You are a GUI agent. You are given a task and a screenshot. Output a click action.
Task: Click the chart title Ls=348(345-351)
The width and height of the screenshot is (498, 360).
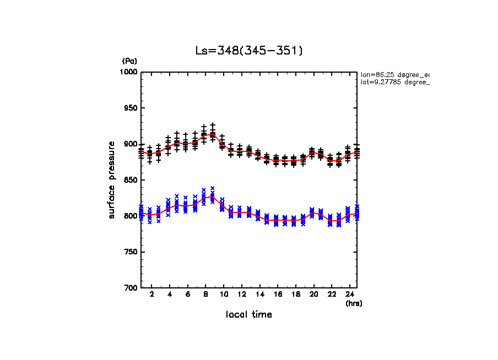(x=249, y=51)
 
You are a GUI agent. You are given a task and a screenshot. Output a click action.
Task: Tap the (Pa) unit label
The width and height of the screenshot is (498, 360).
(x=129, y=61)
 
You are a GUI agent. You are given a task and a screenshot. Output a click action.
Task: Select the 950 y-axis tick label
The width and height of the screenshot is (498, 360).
(x=131, y=108)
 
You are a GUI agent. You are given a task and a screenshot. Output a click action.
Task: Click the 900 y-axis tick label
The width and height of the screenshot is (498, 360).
(x=131, y=144)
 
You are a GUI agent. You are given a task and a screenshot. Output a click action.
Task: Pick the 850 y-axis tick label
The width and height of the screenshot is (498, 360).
(x=131, y=180)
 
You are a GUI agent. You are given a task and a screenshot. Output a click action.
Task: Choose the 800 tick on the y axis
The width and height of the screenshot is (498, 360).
(x=131, y=216)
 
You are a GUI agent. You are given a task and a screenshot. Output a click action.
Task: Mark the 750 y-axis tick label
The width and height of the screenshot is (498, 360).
(x=131, y=252)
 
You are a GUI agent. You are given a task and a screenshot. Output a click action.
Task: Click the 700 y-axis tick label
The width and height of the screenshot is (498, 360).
(x=131, y=288)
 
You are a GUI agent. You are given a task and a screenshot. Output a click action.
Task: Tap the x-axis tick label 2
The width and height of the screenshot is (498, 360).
(x=151, y=296)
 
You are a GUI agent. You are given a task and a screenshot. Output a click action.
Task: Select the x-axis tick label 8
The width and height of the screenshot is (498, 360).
(x=205, y=296)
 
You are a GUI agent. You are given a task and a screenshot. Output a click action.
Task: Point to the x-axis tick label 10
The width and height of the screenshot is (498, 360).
(x=224, y=296)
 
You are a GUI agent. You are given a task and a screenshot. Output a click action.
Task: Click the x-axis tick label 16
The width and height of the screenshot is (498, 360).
(x=278, y=296)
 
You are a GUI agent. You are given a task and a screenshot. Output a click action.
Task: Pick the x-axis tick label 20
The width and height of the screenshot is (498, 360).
(x=313, y=296)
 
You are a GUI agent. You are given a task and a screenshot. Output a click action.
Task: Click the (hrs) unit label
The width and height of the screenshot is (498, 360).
(x=354, y=303)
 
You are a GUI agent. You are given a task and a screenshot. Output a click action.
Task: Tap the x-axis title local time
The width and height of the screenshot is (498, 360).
(x=249, y=315)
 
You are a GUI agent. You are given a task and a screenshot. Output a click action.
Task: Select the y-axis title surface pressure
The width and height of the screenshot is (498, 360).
(x=112, y=180)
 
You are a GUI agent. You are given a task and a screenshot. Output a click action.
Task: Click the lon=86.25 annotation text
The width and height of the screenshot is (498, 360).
(x=394, y=74)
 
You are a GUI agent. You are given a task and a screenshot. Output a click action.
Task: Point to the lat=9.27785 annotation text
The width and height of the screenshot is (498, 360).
(x=394, y=82)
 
